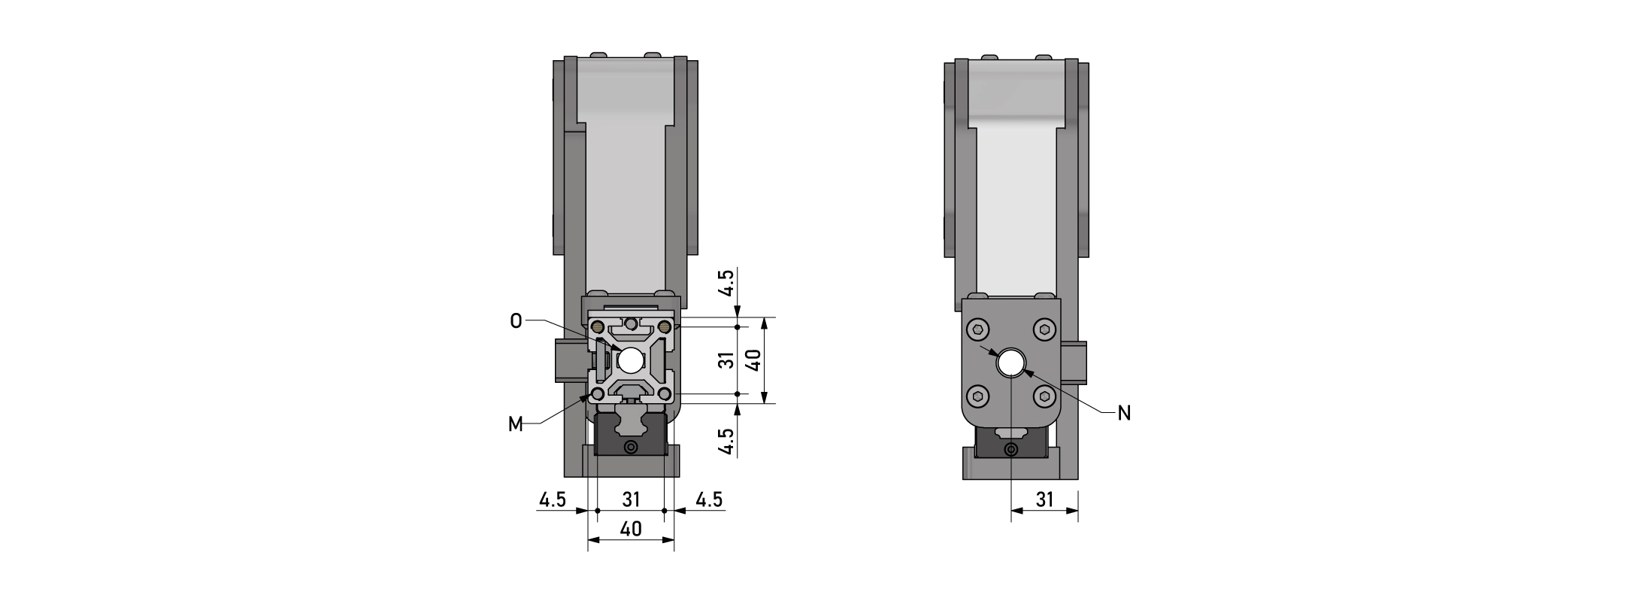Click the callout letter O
click(x=516, y=321)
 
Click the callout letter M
click(x=516, y=425)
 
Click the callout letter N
click(x=1125, y=413)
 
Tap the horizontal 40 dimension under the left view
click(x=631, y=529)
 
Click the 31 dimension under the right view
click(x=1045, y=499)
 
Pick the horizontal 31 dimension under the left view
click(x=631, y=499)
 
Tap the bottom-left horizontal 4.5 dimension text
click(x=552, y=499)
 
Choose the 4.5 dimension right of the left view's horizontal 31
click(x=709, y=499)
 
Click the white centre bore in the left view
click(x=631, y=360)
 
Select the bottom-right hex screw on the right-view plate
click(x=1045, y=396)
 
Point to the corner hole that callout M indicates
click(x=598, y=394)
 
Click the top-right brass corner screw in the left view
click(x=665, y=327)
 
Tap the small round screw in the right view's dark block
click(x=1011, y=451)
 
